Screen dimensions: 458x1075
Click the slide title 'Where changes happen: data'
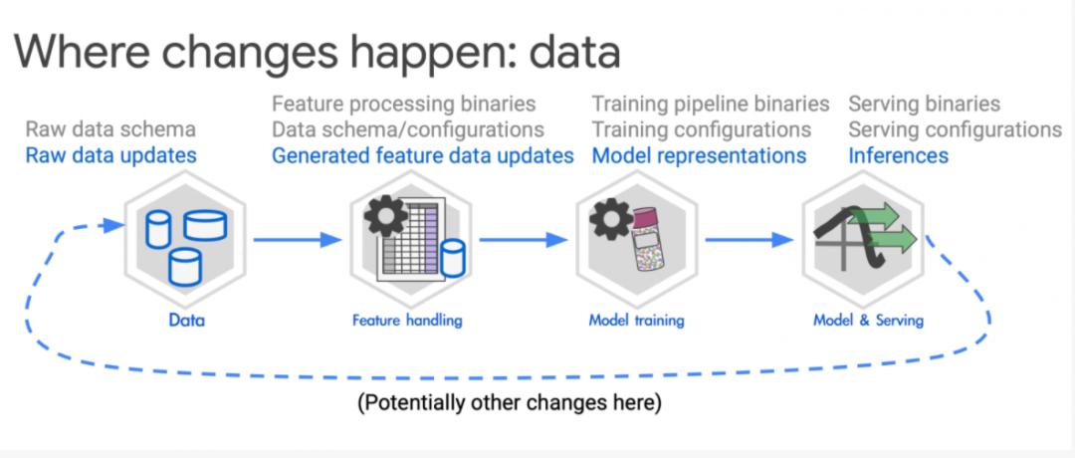point(319,50)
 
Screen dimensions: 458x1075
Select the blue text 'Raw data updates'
point(110,155)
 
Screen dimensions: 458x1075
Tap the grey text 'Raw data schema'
point(110,129)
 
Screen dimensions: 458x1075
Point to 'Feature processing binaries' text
point(403,104)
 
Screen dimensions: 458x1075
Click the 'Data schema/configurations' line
point(408,129)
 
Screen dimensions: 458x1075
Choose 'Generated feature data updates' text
point(423,155)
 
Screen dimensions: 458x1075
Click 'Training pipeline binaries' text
point(711,104)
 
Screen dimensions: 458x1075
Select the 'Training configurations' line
point(702,129)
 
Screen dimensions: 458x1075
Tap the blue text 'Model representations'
point(699,155)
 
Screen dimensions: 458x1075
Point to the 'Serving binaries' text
point(924,104)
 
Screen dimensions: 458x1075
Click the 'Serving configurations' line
point(955,129)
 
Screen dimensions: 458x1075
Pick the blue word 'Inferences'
point(898,155)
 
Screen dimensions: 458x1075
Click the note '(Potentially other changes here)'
point(510,403)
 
